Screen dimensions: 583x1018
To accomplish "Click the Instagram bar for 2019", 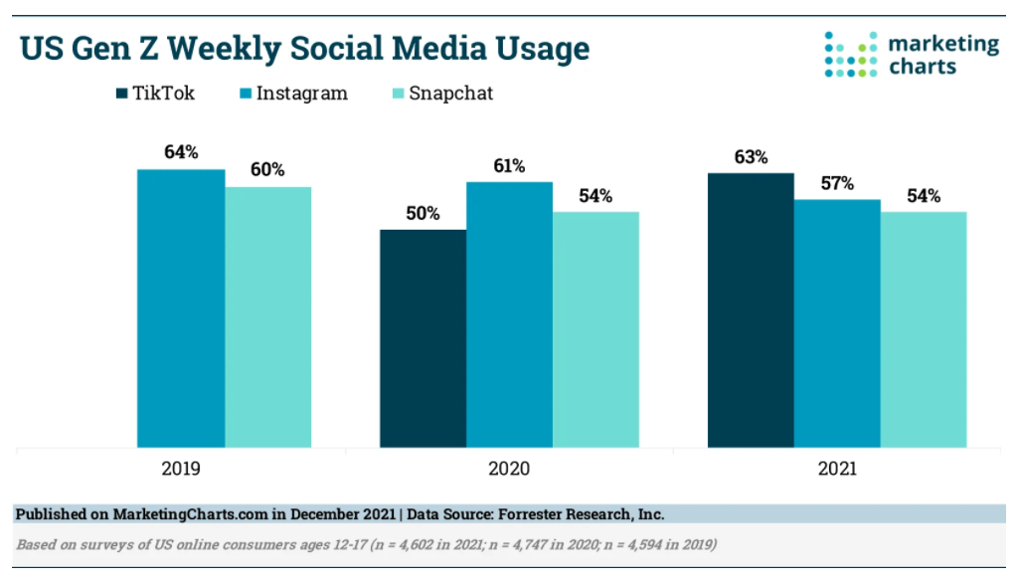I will point(181,308).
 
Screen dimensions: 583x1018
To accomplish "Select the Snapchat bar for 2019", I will point(267,317).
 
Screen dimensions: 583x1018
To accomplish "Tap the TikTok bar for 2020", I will point(423,338).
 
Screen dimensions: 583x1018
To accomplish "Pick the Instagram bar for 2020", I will point(509,314).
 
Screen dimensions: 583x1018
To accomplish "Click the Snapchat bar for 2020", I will point(595,329).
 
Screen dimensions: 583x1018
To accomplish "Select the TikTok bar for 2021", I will point(751,310).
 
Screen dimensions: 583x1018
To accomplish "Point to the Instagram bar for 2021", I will point(837,323).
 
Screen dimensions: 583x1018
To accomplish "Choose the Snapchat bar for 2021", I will point(924,329).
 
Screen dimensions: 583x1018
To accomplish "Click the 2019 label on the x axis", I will point(181,468).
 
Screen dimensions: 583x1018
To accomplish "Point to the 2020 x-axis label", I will point(509,468).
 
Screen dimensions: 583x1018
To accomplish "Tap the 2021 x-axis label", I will point(837,468).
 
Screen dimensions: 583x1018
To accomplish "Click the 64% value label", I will point(181,152).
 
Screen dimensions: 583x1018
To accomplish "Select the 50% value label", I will point(423,213).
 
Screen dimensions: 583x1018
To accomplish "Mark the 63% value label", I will point(751,156).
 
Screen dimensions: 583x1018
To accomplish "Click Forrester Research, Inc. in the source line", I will point(580,514).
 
